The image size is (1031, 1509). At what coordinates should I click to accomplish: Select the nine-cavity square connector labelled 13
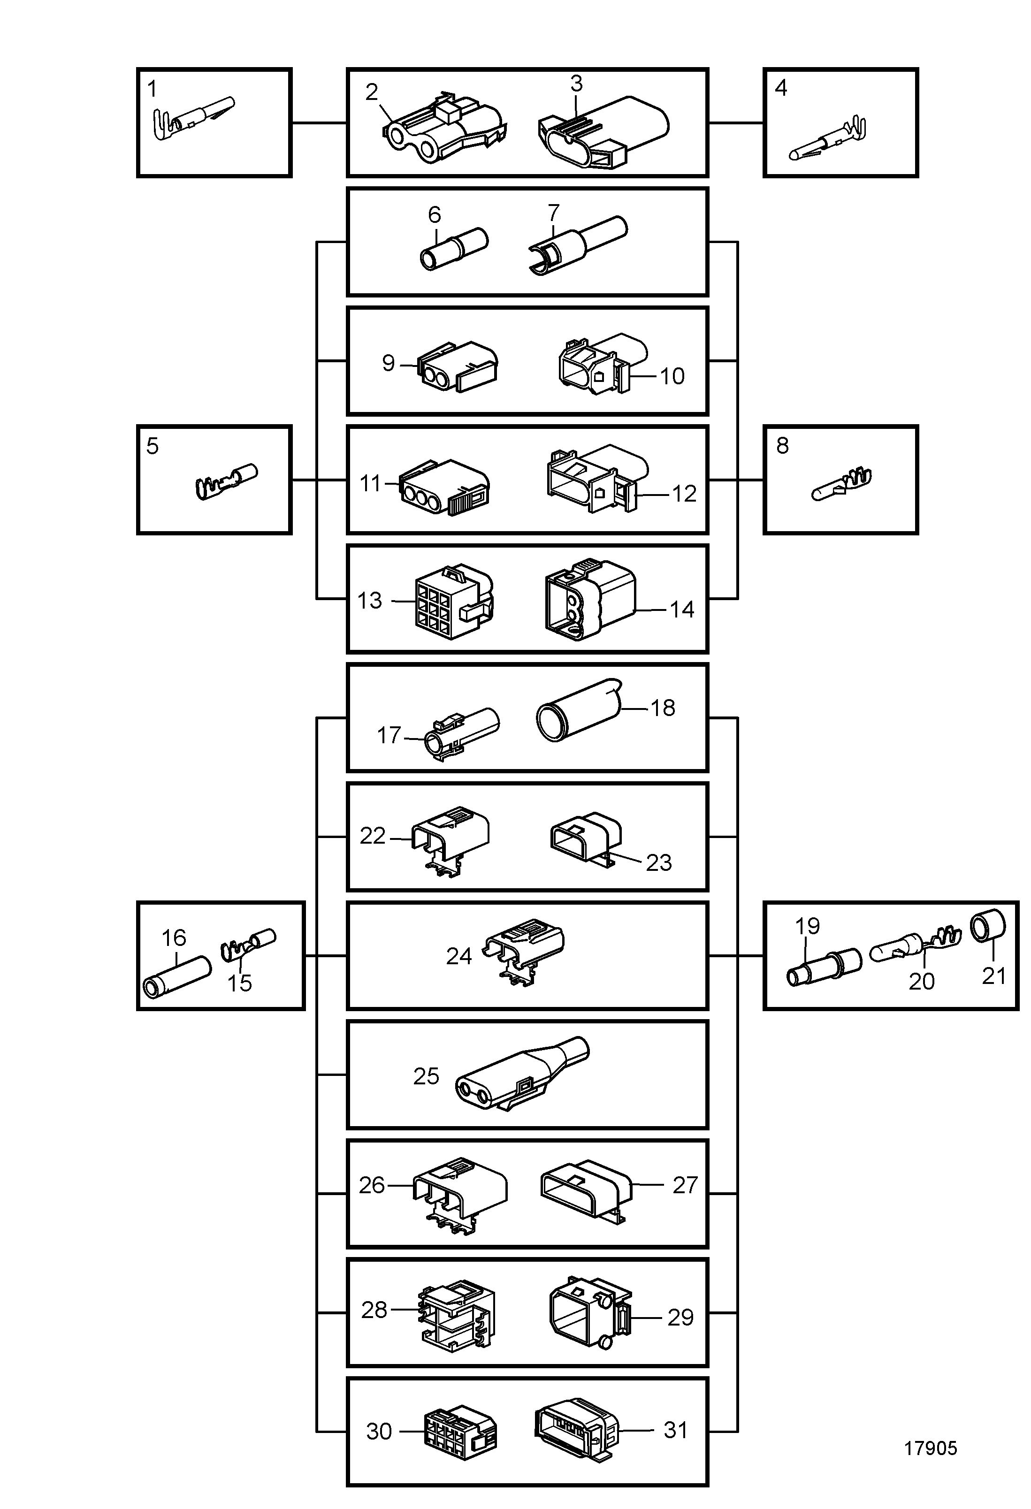(454, 601)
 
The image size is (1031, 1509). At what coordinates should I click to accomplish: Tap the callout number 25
(427, 1076)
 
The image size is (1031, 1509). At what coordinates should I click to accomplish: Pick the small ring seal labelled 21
(987, 926)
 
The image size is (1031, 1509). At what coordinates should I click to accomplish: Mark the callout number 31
(676, 1430)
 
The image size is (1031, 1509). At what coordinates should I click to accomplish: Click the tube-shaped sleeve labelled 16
(176, 976)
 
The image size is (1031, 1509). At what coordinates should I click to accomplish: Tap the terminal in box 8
(841, 483)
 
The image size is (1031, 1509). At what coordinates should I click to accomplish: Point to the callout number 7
(554, 213)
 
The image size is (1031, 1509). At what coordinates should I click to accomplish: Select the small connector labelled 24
(523, 951)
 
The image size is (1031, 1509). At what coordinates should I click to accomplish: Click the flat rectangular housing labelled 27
(586, 1191)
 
